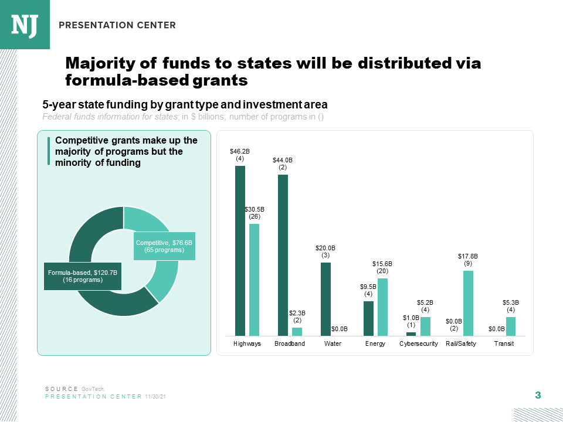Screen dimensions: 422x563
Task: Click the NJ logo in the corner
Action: [25, 25]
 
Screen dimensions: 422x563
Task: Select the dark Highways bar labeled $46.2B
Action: [240, 250]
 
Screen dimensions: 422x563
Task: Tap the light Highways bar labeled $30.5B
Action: [254, 280]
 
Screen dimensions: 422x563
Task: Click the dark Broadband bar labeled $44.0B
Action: [283, 255]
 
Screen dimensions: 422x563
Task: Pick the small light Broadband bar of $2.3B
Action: [297, 331]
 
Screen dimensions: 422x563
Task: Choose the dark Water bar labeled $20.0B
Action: [325, 299]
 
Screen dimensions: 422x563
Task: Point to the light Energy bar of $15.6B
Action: [382, 307]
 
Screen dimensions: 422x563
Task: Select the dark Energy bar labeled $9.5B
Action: [368, 318]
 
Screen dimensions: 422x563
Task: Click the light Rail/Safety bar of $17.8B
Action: [468, 303]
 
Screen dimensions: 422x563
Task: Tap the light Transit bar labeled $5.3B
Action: [511, 326]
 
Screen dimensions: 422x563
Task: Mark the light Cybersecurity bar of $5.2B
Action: [425, 326]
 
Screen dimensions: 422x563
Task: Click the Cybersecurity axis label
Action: [418, 343]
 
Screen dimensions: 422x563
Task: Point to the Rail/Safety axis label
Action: [461, 343]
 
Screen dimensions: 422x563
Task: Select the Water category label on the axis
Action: [333, 343]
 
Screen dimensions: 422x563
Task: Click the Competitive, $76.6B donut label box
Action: [164, 246]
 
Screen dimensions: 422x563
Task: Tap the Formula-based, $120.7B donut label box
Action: [83, 276]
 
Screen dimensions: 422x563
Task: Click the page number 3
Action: [538, 396]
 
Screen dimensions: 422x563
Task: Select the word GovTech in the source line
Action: [93, 389]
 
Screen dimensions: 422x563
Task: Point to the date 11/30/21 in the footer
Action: [155, 397]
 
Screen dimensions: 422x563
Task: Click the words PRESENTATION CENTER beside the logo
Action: [117, 25]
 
